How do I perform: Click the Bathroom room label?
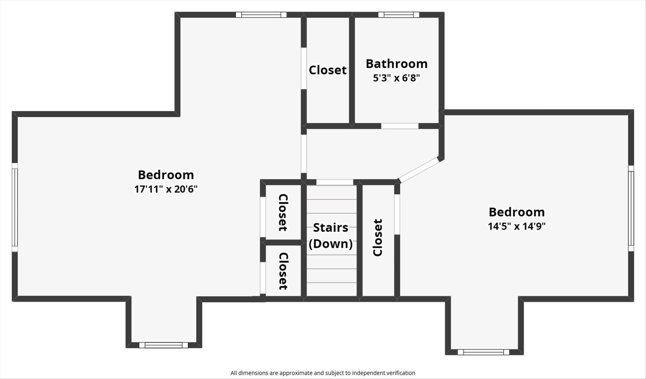[396, 64]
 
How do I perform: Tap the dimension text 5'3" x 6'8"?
[396, 78]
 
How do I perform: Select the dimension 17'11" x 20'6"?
[166, 189]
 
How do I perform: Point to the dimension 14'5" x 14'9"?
[517, 226]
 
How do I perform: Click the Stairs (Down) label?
[331, 235]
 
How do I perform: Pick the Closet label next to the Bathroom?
[328, 70]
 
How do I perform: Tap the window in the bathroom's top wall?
[399, 14]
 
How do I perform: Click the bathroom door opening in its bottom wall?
[400, 126]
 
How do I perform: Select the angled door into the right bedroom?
[419, 170]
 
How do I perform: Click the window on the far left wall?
[14, 207]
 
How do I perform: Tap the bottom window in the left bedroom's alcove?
[164, 345]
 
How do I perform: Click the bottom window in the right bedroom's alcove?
[483, 352]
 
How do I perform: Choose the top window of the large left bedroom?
[261, 14]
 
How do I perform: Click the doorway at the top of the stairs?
[335, 182]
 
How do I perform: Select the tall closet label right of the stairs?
[378, 237]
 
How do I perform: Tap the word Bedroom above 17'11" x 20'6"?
[166, 175]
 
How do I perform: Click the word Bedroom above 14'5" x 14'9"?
[517, 212]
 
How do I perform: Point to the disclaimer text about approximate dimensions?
[323, 373]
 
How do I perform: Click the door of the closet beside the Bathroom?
[304, 68]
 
